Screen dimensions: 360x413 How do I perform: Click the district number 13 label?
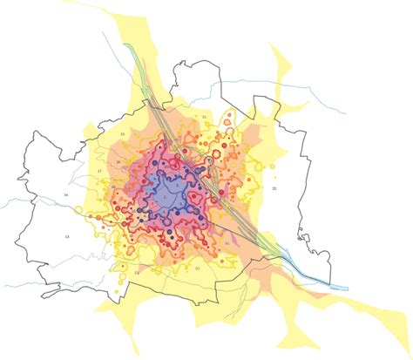point(66,236)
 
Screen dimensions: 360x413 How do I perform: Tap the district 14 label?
point(66,194)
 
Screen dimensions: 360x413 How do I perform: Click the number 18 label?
point(118,162)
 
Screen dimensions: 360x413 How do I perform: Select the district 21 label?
point(204,116)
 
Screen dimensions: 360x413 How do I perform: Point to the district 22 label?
point(274,188)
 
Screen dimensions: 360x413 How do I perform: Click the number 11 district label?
point(227,243)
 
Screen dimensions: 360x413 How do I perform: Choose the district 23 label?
point(137,273)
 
